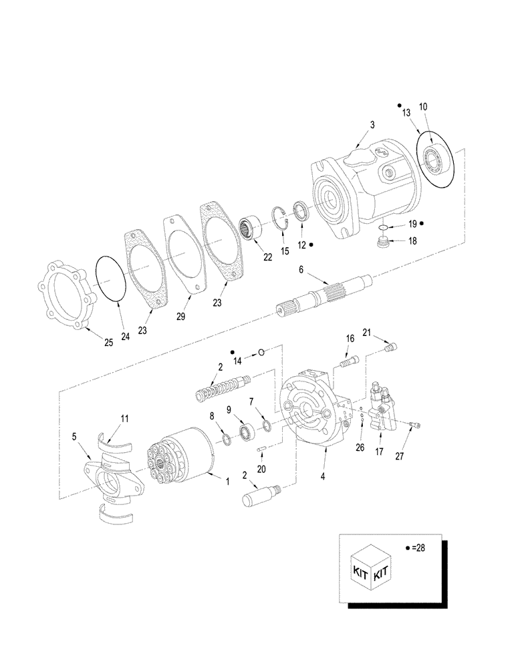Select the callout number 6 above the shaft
point(301,269)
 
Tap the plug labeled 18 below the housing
point(384,244)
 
